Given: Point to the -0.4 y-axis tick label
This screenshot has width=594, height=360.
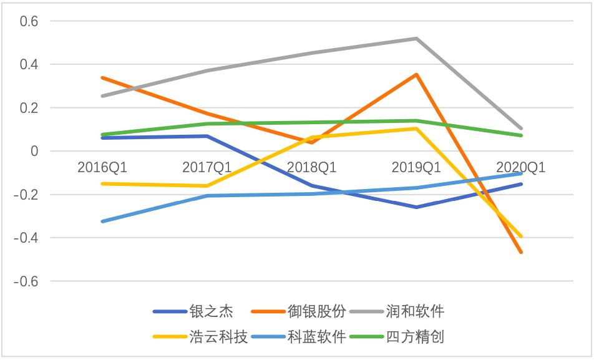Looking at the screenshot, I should (x=26, y=238).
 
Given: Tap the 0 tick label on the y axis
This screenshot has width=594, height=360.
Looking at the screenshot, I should (x=34, y=152).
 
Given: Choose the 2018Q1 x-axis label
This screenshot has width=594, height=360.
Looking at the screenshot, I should (x=311, y=168).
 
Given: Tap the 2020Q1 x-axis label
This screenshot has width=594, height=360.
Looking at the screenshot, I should (x=520, y=168).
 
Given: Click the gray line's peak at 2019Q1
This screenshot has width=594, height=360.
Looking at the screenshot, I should (x=416, y=39).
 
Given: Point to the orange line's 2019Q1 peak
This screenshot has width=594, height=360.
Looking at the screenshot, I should (x=416, y=75).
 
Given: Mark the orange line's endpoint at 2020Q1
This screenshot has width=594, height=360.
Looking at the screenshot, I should (x=521, y=252).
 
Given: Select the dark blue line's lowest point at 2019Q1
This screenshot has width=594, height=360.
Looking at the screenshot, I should (x=416, y=207).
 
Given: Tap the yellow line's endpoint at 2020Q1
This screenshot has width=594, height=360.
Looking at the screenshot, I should (x=521, y=236).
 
